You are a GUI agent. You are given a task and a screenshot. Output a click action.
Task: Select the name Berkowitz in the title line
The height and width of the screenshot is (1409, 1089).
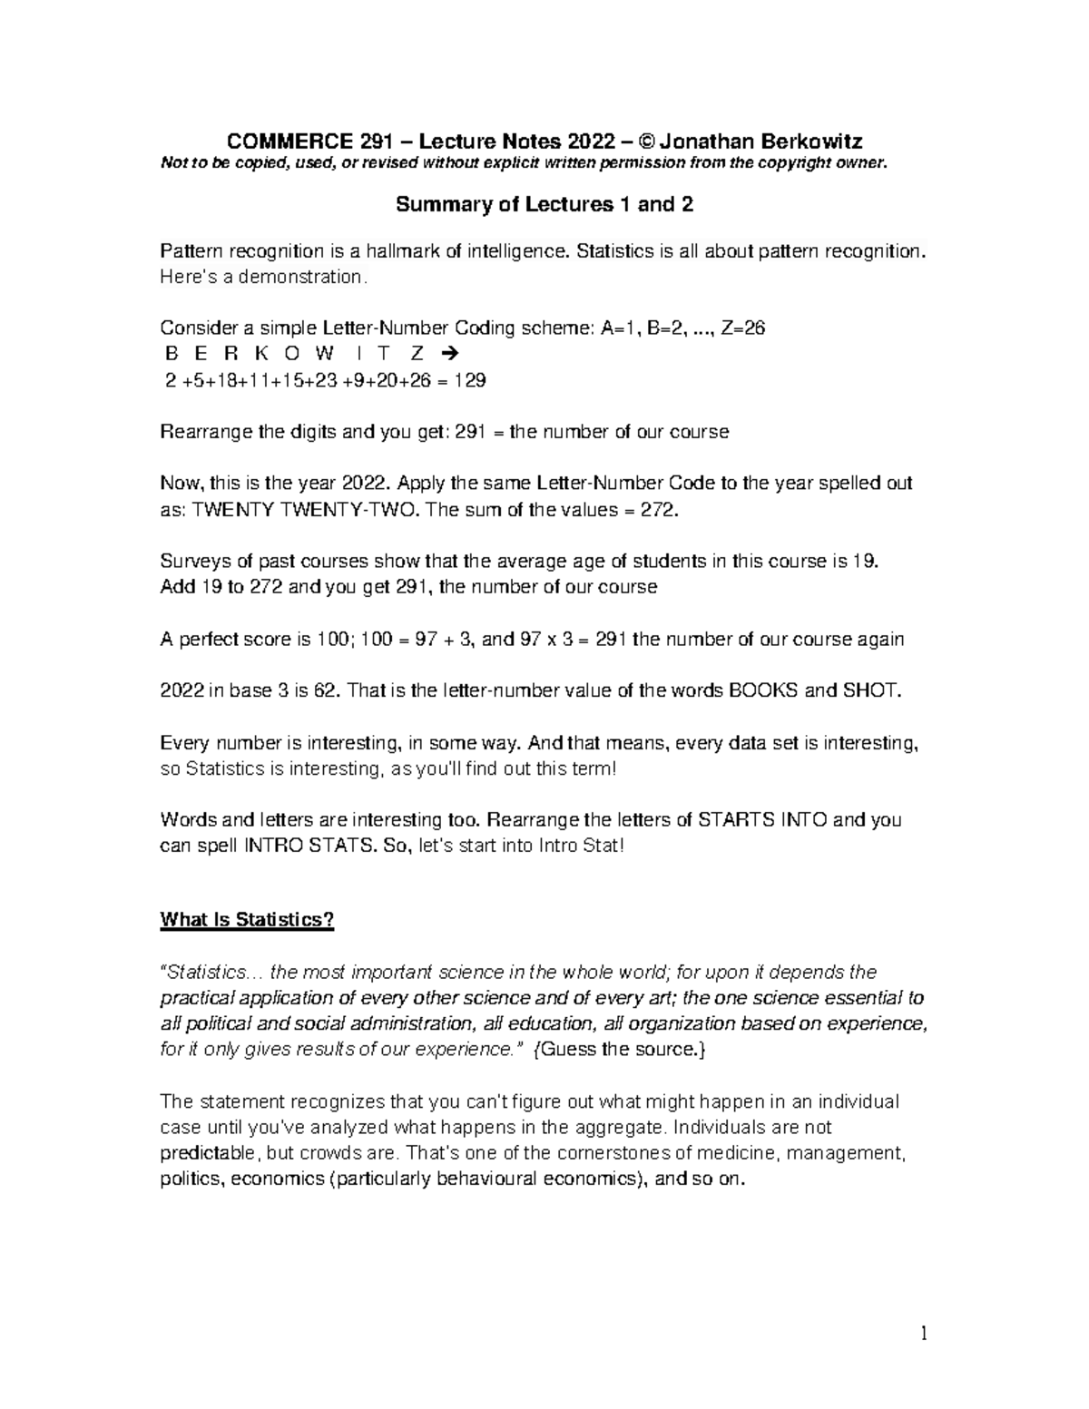[810, 141]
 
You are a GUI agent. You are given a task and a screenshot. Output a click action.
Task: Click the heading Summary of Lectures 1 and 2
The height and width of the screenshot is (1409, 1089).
[544, 204]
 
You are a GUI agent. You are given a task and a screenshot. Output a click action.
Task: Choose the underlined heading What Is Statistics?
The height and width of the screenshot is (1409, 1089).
[247, 920]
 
